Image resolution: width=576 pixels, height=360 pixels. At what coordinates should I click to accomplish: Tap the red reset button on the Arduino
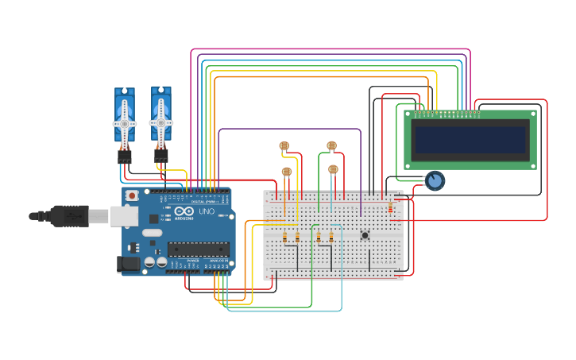coord(132,195)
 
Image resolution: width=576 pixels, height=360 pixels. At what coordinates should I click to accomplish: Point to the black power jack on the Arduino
coord(128,264)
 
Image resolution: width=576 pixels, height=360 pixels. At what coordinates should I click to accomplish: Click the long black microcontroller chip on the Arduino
coord(199,249)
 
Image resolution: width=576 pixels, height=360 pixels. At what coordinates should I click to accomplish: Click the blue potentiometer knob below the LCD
coord(434,181)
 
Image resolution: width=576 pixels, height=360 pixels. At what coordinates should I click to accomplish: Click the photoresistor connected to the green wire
coord(331,145)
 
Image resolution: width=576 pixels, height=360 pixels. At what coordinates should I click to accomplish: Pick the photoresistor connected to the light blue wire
coord(333,169)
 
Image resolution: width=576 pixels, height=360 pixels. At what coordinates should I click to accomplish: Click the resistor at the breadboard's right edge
coord(390,208)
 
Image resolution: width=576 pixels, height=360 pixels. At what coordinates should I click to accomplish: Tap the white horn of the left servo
coord(125,124)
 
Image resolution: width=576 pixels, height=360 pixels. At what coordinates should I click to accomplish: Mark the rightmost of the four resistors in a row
coord(331,237)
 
